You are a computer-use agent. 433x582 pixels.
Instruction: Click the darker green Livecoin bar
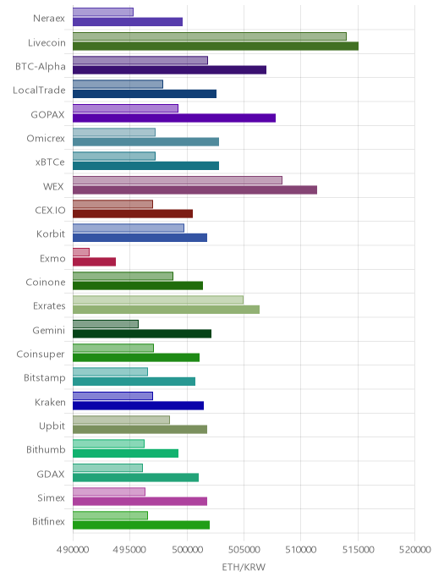pos(216,46)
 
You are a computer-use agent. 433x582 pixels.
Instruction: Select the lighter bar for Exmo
pos(81,252)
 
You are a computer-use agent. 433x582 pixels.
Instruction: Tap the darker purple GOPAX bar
pos(174,118)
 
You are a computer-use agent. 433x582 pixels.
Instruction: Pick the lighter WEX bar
pos(178,180)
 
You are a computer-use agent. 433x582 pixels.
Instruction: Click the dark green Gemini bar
pos(142,333)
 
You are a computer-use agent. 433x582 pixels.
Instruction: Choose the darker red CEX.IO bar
pos(133,214)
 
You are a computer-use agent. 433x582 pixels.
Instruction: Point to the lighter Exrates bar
pos(158,300)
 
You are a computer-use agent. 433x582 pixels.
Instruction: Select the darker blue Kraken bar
pos(138,405)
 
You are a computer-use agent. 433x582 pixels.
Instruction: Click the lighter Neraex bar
pos(103,12)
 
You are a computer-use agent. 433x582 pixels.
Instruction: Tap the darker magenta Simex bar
pos(140,501)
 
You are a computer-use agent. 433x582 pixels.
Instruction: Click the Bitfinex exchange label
pos(48,521)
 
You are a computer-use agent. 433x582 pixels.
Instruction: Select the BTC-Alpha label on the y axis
pos(41,67)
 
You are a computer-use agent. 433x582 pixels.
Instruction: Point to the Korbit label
pos(51,233)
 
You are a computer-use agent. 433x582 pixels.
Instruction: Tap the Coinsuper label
pos(41,354)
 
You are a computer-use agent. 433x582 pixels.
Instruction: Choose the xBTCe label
pos(50,162)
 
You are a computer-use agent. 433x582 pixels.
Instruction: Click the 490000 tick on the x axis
pos(73,550)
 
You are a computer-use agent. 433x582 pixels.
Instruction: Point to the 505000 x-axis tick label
pos(244,550)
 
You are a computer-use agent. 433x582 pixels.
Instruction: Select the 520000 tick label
pos(415,550)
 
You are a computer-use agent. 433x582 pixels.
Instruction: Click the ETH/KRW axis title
pos(244,567)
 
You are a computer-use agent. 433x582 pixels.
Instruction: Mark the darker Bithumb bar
pos(125,453)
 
